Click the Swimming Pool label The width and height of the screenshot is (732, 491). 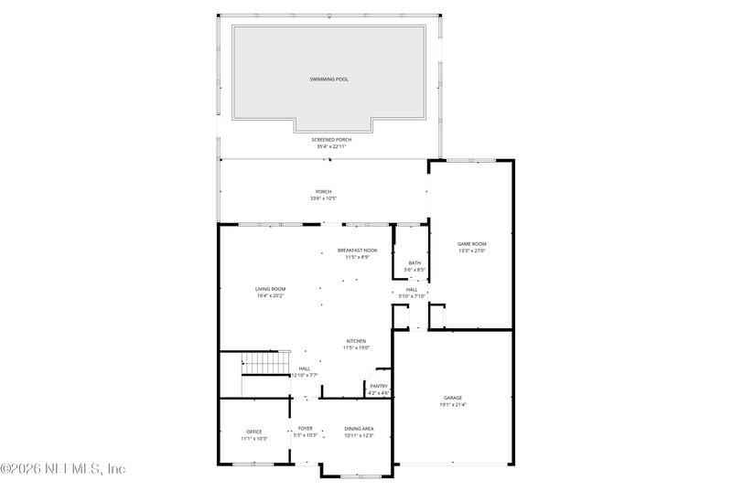(x=328, y=80)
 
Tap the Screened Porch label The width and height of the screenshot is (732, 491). (x=331, y=140)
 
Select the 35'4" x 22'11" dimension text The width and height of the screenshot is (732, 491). (x=331, y=146)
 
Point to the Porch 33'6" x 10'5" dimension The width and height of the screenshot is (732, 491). (x=324, y=198)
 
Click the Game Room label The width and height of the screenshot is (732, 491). (x=471, y=243)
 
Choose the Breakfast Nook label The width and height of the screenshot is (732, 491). (x=357, y=251)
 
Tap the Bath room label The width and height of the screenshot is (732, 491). (x=414, y=263)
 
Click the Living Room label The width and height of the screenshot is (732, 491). (x=270, y=289)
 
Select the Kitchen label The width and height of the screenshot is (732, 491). (x=356, y=341)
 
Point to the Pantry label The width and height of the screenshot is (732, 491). (x=379, y=387)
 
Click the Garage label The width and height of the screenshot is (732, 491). (x=453, y=398)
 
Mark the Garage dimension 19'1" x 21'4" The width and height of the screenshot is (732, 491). (x=453, y=405)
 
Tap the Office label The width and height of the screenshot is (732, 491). (x=254, y=432)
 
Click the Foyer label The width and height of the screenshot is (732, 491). (x=306, y=428)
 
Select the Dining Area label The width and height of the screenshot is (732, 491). (x=359, y=428)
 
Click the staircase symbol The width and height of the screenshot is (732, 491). (x=261, y=363)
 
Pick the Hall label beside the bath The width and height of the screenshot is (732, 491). (x=412, y=289)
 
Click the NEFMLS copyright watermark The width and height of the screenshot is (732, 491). (x=63, y=469)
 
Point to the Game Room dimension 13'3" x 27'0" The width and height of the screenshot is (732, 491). (x=471, y=251)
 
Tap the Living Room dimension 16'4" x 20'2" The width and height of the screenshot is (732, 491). (x=270, y=296)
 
